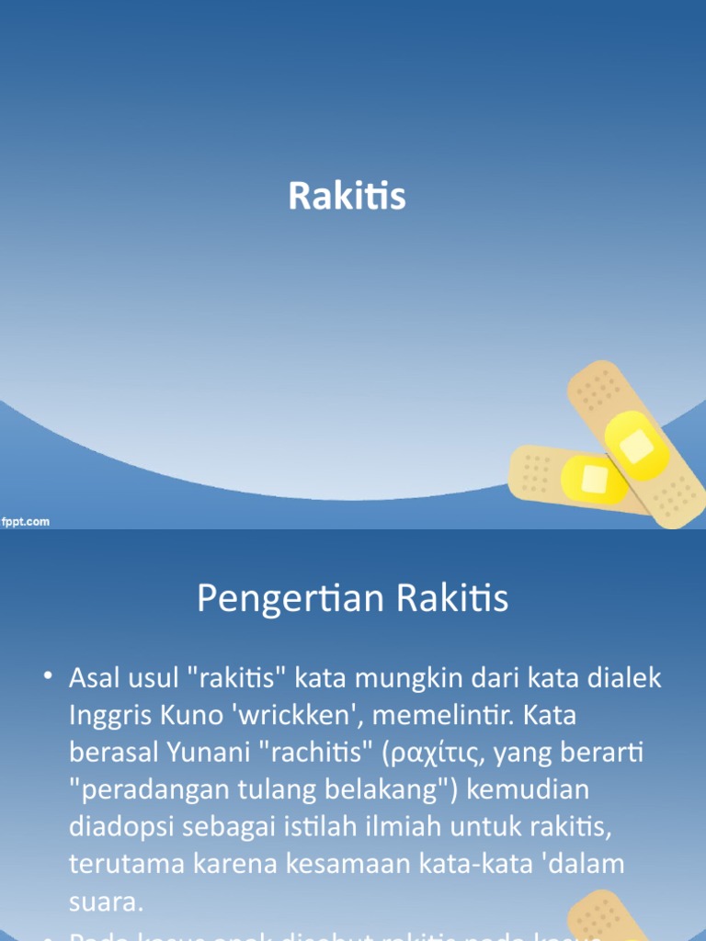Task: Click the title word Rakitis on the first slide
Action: (347, 196)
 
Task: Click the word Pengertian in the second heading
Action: (279, 600)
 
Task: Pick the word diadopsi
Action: (120, 826)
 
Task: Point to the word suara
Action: (106, 901)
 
